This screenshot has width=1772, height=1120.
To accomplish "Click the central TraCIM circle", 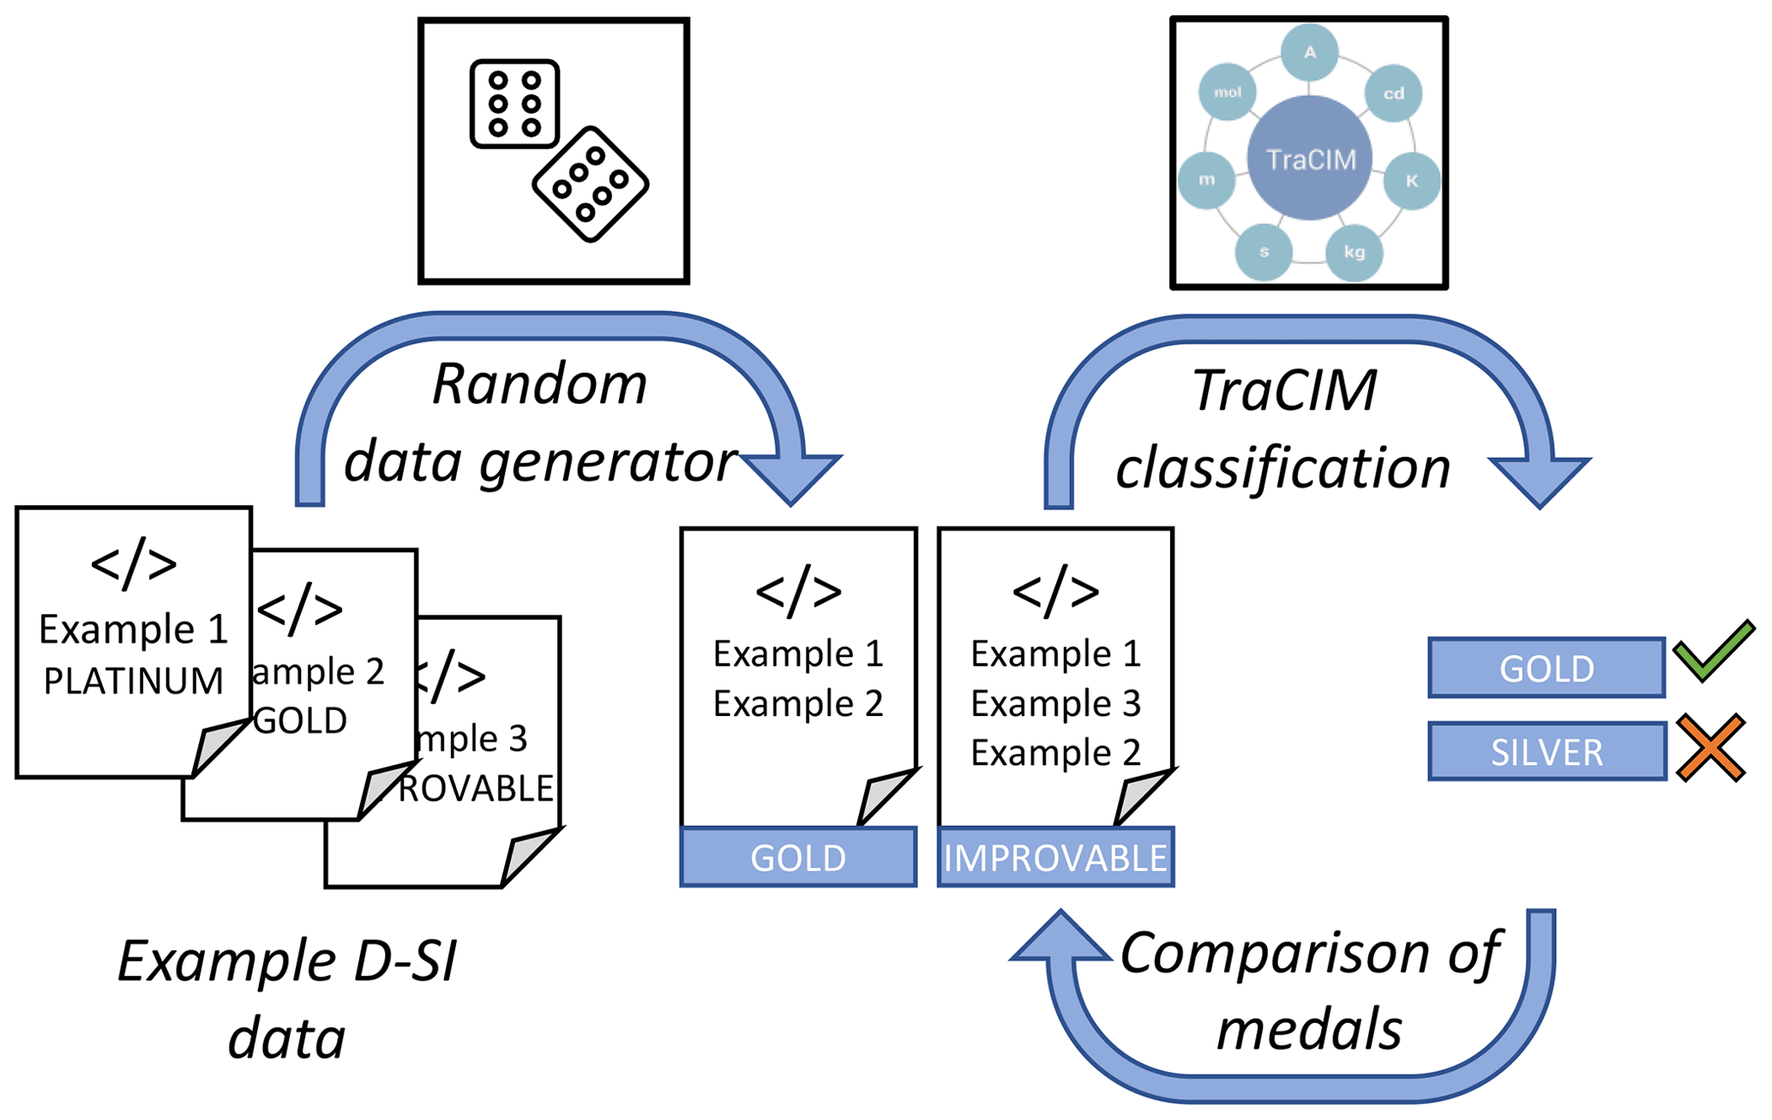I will point(1309,159).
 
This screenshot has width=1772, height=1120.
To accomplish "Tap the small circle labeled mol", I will point(1228,93).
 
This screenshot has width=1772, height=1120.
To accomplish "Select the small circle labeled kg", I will point(1354,252).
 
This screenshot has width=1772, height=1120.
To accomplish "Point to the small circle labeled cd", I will point(1393,93).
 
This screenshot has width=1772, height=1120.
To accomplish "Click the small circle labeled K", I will point(1411,181).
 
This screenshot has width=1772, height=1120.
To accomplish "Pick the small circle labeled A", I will point(1309,53).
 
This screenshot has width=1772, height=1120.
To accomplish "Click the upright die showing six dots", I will point(514,104).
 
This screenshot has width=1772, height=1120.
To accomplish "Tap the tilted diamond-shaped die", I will point(591,184).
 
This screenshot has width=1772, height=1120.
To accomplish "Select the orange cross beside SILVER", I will point(1710,748).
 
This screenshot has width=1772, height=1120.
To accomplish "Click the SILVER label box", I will point(1547,752).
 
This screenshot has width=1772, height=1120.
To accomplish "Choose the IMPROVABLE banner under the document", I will point(1055,858).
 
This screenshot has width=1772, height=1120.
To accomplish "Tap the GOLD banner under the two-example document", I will point(798,858).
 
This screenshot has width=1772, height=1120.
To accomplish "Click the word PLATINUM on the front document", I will point(134,681).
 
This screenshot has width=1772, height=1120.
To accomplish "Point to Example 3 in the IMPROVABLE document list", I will point(1055,704).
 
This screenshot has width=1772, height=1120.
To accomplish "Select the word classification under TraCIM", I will point(1282,469).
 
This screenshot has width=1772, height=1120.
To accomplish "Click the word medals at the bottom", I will point(1309,1029).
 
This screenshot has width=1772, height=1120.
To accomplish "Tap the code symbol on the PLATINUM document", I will point(134,564).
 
